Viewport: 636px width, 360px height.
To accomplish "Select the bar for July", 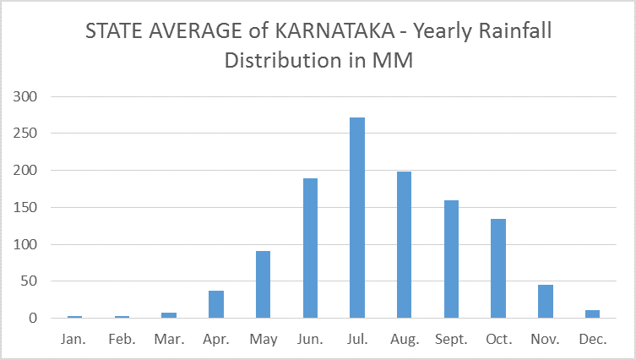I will pyautogui.click(x=357, y=218).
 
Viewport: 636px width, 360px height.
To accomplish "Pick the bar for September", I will pyautogui.click(x=451, y=259).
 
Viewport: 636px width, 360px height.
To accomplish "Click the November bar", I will pyautogui.click(x=545, y=302).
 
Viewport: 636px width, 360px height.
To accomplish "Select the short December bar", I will pyautogui.click(x=592, y=314).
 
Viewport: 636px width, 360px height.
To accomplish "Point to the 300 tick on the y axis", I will pyautogui.click(x=27, y=96).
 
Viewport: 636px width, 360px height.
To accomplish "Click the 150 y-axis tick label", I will pyautogui.click(x=27, y=208).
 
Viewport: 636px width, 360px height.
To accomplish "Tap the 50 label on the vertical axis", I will pyautogui.click(x=30, y=281).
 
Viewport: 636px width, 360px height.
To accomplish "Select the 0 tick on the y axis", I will pyautogui.click(x=34, y=319).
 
